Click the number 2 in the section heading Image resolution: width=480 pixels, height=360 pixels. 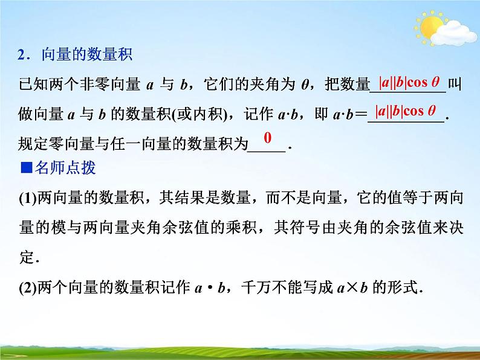point(21,56)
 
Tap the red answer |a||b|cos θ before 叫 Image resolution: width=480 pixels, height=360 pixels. point(409,82)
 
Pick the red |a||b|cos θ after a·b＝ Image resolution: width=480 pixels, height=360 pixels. point(406,111)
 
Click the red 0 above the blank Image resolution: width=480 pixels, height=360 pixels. point(267,138)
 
